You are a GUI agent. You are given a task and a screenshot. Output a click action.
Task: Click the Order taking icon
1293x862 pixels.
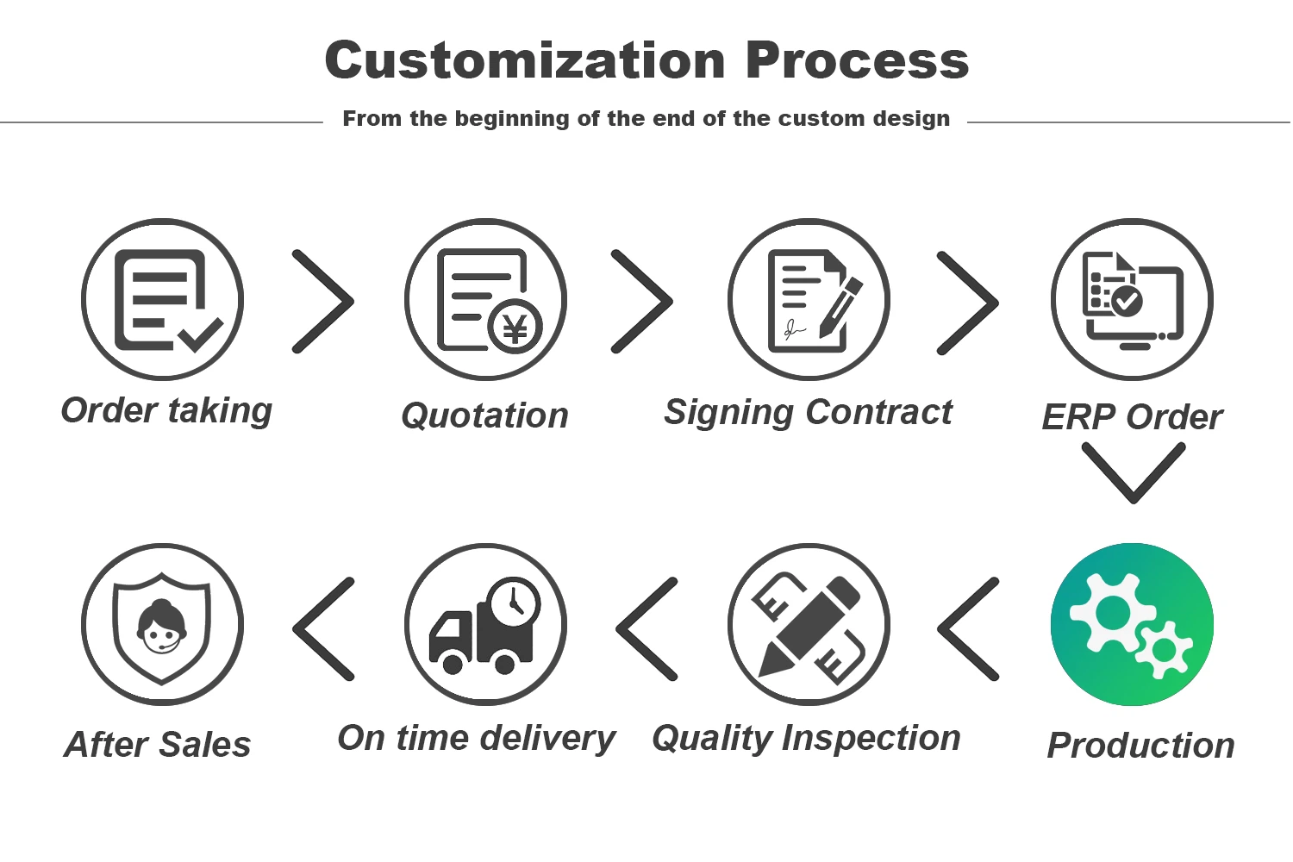click(x=163, y=299)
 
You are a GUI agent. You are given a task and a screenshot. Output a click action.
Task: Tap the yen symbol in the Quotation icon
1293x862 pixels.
click(x=515, y=328)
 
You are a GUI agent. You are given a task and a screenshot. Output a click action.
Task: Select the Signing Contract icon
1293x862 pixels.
click(x=809, y=299)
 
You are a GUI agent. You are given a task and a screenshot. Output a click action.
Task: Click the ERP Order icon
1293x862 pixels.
click(x=1132, y=299)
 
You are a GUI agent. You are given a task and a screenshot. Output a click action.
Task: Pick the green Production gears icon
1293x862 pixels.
click(x=1132, y=624)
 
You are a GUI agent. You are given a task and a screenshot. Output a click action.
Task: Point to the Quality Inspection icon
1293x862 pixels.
click(x=809, y=624)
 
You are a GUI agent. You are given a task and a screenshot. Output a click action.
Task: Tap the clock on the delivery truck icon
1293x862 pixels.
click(x=514, y=602)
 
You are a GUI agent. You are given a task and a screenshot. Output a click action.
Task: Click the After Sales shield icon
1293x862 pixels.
click(x=163, y=624)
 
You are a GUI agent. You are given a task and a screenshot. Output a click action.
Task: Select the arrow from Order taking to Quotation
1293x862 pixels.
click(x=323, y=302)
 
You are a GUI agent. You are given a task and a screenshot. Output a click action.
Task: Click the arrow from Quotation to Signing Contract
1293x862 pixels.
click(x=642, y=302)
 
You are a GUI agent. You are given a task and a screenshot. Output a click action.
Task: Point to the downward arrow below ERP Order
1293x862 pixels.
click(x=1133, y=472)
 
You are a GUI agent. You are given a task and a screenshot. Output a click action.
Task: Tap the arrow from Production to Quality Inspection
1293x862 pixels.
click(x=968, y=629)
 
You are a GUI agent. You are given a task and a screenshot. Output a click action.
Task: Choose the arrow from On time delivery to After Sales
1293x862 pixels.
click(x=323, y=629)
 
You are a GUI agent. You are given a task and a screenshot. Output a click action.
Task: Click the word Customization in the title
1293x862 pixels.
click(x=525, y=61)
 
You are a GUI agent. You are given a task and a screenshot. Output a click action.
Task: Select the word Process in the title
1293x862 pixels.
click(x=857, y=61)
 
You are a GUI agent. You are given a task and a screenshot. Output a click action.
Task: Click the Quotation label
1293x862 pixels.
click(x=484, y=416)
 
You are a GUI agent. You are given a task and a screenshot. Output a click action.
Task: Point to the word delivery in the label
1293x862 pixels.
click(x=547, y=738)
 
